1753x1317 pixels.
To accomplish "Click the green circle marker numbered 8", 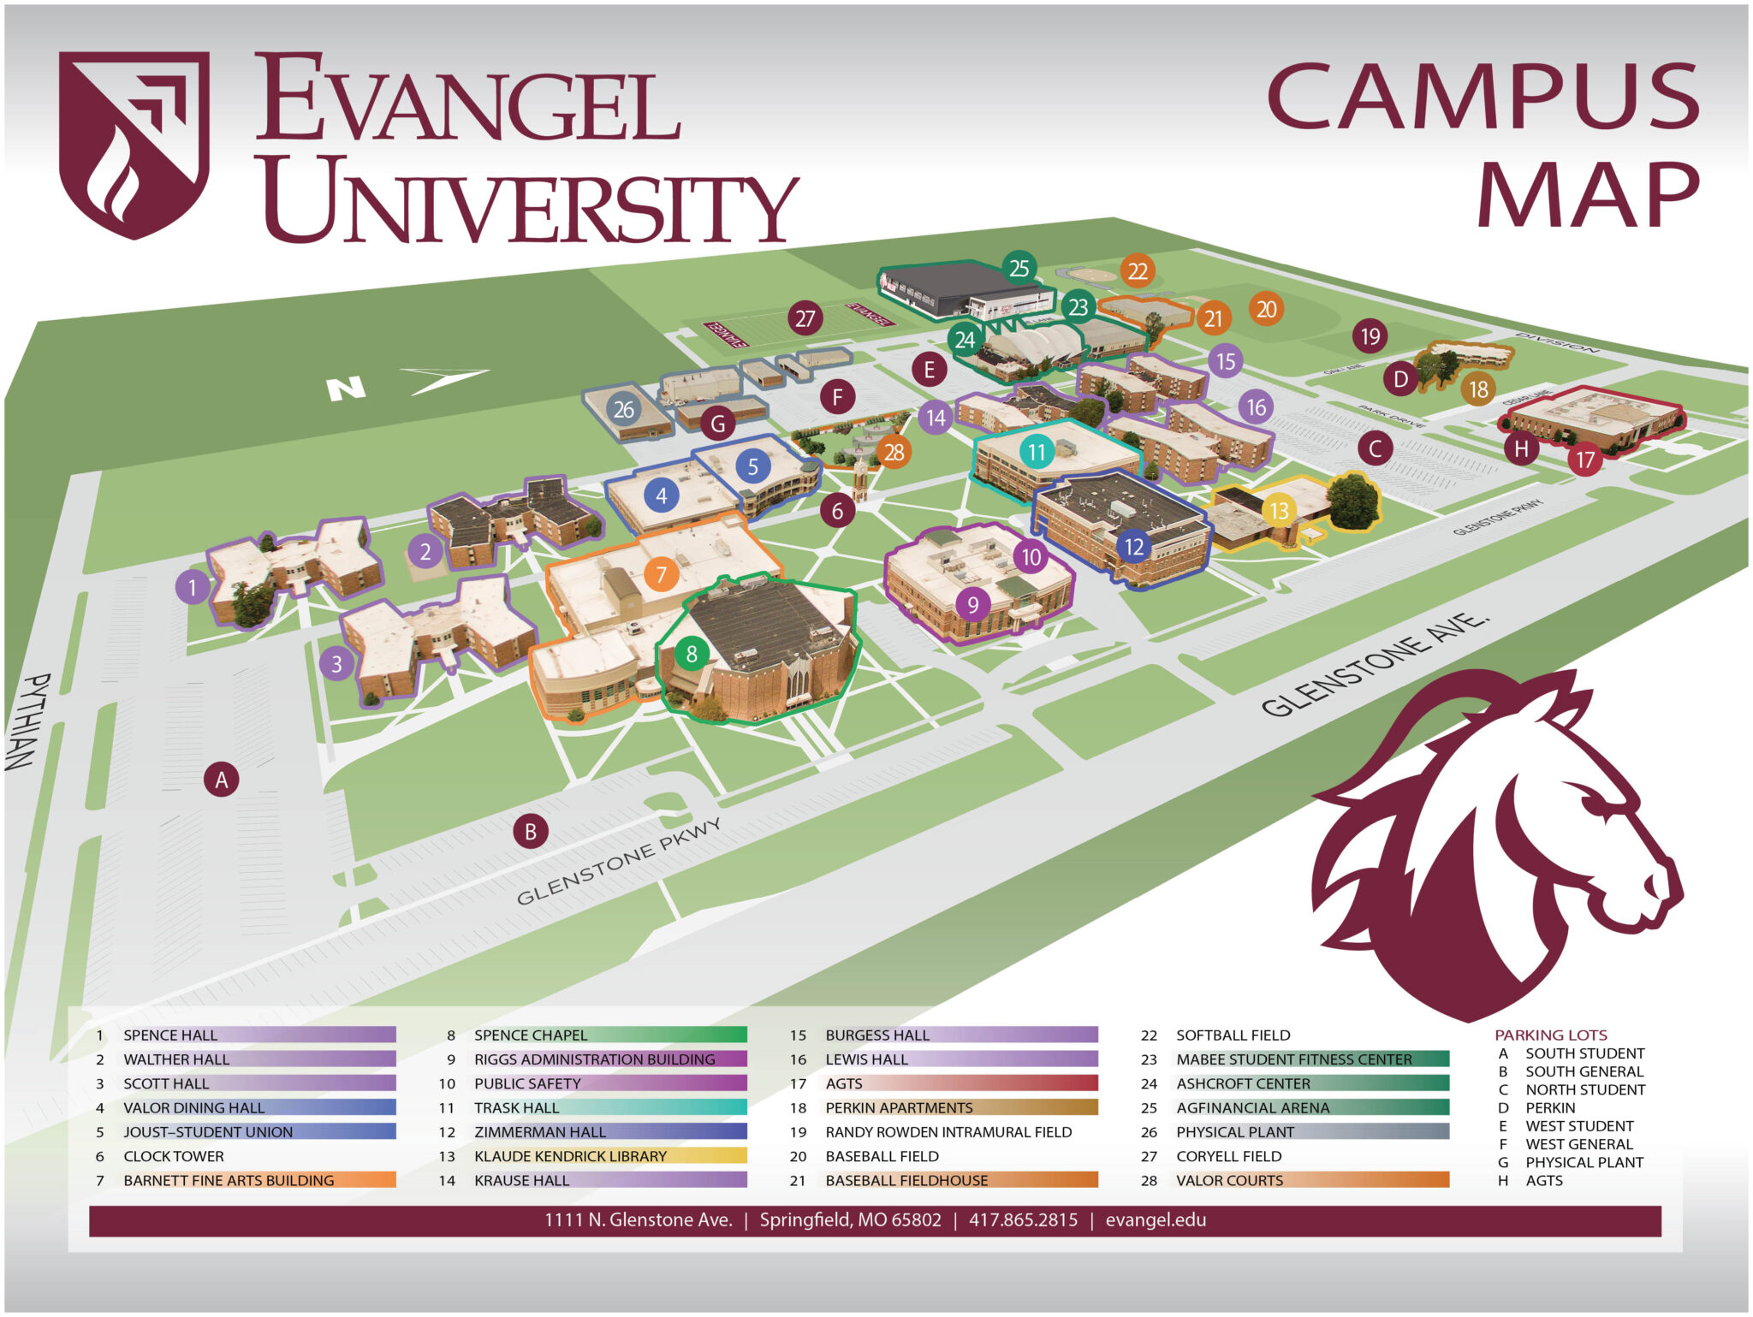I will (692, 655).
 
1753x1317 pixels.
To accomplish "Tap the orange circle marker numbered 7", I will (661, 574).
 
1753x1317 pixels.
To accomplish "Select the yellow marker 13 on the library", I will (1279, 511).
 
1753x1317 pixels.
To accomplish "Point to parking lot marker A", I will (222, 780).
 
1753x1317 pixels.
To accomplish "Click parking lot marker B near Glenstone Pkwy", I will (530, 831).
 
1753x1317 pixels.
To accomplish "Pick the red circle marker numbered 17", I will (1585, 460).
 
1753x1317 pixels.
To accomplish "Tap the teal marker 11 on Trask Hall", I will (1037, 451).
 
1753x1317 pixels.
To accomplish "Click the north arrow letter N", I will (347, 389).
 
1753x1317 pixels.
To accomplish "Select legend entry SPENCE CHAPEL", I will (531, 1035).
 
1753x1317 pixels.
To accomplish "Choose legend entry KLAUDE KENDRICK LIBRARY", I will (570, 1156).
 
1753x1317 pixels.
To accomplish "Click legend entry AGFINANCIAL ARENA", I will (1252, 1107).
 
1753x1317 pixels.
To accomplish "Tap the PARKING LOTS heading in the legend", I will (1550, 1035).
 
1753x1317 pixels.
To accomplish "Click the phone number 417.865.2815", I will (1023, 1219).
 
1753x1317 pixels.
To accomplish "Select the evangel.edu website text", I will (1156, 1219).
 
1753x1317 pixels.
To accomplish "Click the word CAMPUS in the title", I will (1483, 96).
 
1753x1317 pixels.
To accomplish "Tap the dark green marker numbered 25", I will (1019, 268).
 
